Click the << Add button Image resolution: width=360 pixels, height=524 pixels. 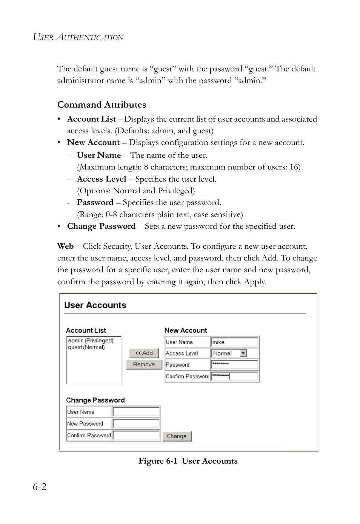(144, 353)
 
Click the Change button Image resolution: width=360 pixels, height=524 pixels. (177, 436)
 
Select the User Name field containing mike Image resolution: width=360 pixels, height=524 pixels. (234, 342)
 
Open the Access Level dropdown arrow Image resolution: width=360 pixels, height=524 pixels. (243, 353)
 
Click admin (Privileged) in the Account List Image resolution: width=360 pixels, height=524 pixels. (91, 341)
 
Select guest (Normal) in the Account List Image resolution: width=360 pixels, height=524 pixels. (86, 347)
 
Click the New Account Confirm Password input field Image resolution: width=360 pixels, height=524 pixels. (234, 376)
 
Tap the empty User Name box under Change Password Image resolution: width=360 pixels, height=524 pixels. (136, 412)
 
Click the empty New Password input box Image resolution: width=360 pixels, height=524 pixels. (136, 424)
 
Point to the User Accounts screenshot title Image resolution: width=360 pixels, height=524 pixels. (95, 305)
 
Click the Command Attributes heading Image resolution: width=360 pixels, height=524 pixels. (102, 105)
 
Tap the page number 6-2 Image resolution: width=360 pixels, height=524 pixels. (40, 487)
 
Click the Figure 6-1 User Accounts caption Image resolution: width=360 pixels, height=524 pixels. (188, 461)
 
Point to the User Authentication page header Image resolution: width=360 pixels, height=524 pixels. (78, 37)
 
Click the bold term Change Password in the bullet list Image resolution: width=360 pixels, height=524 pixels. (101, 226)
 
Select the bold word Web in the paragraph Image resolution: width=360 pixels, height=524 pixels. (65, 246)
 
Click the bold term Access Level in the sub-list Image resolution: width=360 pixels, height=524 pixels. (102, 179)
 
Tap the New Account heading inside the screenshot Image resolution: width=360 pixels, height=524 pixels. (186, 330)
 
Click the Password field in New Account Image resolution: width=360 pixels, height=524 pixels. (234, 365)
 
